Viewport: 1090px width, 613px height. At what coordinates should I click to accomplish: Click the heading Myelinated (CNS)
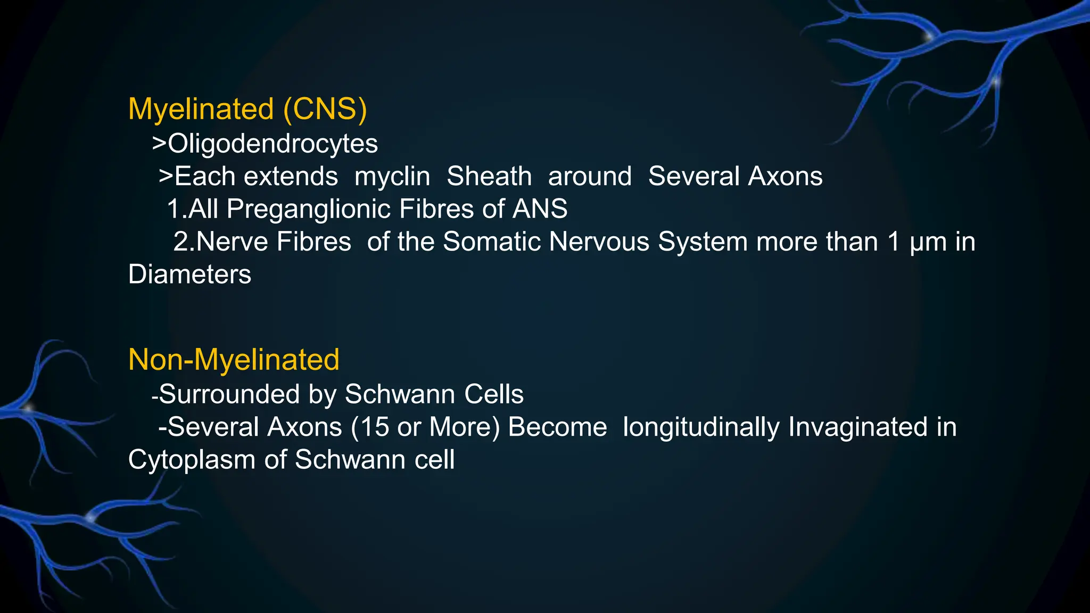coord(247,109)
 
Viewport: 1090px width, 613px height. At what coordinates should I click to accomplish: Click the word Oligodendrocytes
coord(272,144)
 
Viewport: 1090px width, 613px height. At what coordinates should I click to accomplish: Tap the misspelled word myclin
coord(392,177)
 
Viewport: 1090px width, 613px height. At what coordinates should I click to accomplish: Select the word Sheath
coord(489,176)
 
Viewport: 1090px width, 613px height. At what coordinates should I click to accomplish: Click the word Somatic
coord(492,242)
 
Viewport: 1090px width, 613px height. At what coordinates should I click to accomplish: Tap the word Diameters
coord(189,275)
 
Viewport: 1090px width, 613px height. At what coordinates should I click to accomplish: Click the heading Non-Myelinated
coord(234,359)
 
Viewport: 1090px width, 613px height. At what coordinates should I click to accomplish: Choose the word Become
coord(557,427)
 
